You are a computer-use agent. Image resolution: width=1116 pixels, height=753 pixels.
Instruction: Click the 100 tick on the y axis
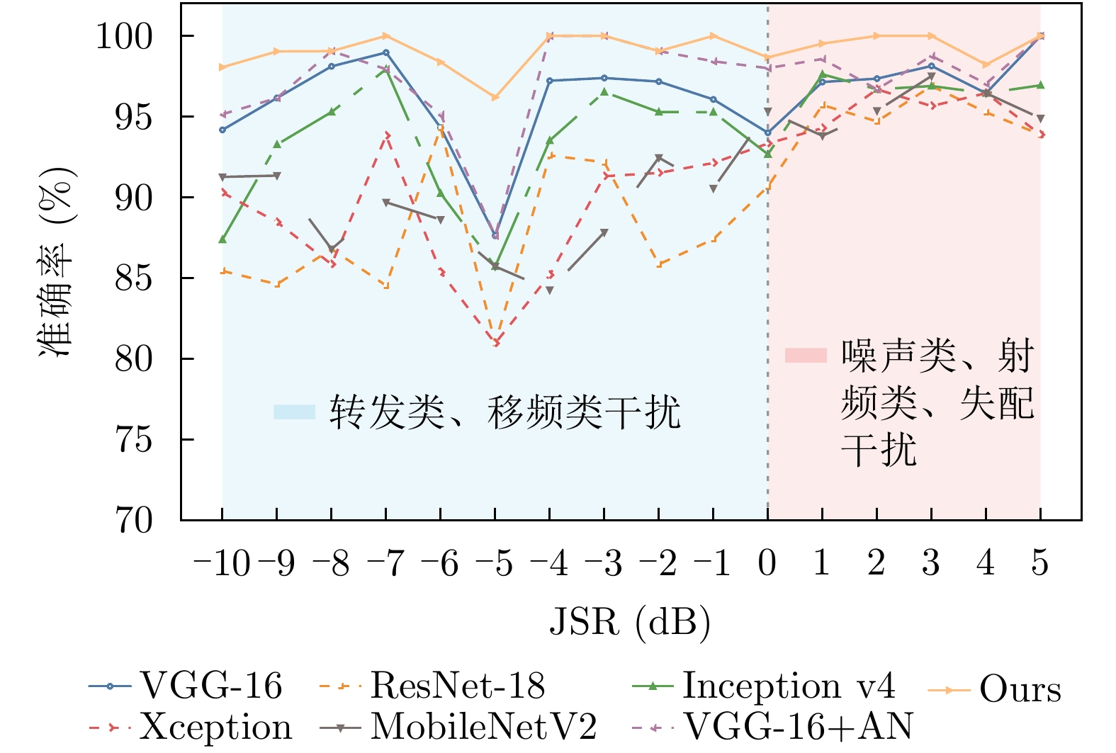pyautogui.click(x=124, y=36)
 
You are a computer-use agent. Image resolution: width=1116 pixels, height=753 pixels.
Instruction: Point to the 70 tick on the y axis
pyautogui.click(x=134, y=521)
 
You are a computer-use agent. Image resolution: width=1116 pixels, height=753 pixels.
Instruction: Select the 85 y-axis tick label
pyautogui.click(x=134, y=278)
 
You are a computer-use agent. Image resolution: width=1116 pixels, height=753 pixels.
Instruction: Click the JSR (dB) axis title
pyautogui.click(x=630, y=622)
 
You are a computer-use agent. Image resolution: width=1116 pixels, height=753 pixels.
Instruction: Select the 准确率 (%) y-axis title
pyautogui.click(x=57, y=262)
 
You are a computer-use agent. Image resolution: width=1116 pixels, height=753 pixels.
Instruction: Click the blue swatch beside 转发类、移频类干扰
pyautogui.click(x=294, y=412)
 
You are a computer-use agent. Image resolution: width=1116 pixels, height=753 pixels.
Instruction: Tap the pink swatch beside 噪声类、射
pyautogui.click(x=806, y=355)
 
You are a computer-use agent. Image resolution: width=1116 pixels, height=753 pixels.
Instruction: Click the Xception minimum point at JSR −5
pyautogui.click(x=496, y=343)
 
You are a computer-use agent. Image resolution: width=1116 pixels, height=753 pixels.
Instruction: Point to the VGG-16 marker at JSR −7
pyautogui.click(x=385, y=52)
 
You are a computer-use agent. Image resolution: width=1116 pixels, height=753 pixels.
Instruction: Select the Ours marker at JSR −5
pyautogui.click(x=495, y=97)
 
